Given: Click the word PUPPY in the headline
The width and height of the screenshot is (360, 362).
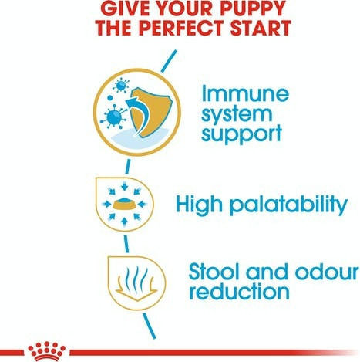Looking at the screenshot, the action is pyautogui.click(x=253, y=8).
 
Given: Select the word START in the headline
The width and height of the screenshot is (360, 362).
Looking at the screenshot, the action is pyautogui.click(x=261, y=27).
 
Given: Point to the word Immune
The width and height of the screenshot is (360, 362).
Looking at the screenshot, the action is pyautogui.click(x=245, y=93).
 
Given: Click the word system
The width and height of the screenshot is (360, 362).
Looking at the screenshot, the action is pyautogui.click(x=237, y=116).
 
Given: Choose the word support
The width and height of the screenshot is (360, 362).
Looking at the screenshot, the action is pyautogui.click(x=241, y=134).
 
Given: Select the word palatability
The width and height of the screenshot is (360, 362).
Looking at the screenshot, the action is pyautogui.click(x=288, y=205).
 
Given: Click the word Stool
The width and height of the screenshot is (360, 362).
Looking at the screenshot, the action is pyautogui.click(x=215, y=272).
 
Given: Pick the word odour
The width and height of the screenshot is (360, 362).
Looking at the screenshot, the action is pyautogui.click(x=327, y=272).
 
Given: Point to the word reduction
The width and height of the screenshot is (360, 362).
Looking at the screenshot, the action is pyautogui.click(x=239, y=291).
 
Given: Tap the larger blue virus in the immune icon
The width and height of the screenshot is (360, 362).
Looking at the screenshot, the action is pyautogui.click(x=114, y=117).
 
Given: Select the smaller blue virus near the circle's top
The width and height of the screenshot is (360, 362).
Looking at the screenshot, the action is pyautogui.click(x=120, y=86).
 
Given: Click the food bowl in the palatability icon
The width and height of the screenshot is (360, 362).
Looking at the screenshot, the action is pyautogui.click(x=124, y=204).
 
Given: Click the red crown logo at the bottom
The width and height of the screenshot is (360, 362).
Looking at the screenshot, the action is pyautogui.click(x=47, y=351).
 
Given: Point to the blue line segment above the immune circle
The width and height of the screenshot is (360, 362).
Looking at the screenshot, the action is pyautogui.click(x=169, y=61).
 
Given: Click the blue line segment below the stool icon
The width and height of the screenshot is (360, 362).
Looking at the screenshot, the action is pyautogui.click(x=150, y=326).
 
